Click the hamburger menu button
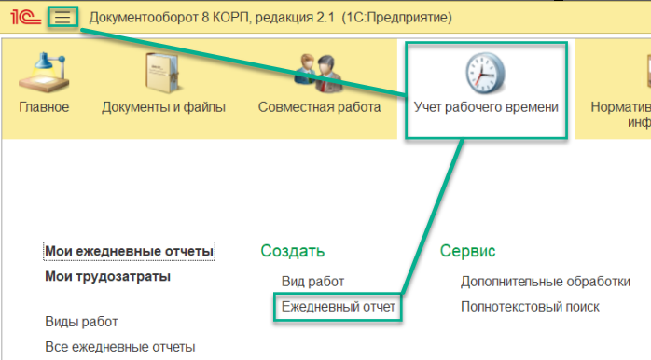point(62,18)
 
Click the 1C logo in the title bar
point(25,18)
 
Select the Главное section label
point(44,107)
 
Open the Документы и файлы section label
point(163,107)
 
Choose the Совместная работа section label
point(319,107)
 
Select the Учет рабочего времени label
point(485,107)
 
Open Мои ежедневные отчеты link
point(130,252)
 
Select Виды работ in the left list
point(81,322)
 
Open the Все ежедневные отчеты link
point(119,347)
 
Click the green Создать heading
point(293,252)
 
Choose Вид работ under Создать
point(312,282)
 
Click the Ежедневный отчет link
point(339,307)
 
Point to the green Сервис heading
point(467,252)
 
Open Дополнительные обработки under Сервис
point(545,282)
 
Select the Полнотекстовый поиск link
point(530,307)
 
